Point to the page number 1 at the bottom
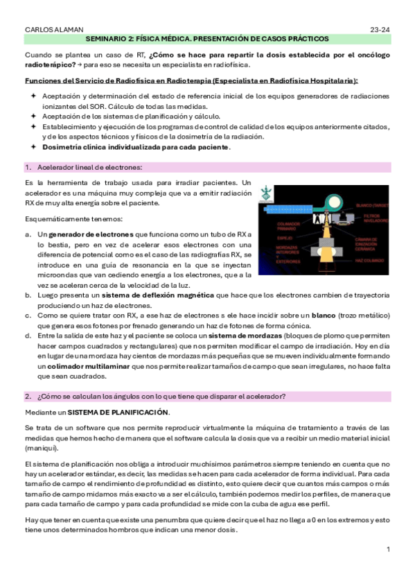[389, 549]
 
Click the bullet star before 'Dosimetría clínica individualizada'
[33, 147]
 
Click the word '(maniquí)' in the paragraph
[42, 449]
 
